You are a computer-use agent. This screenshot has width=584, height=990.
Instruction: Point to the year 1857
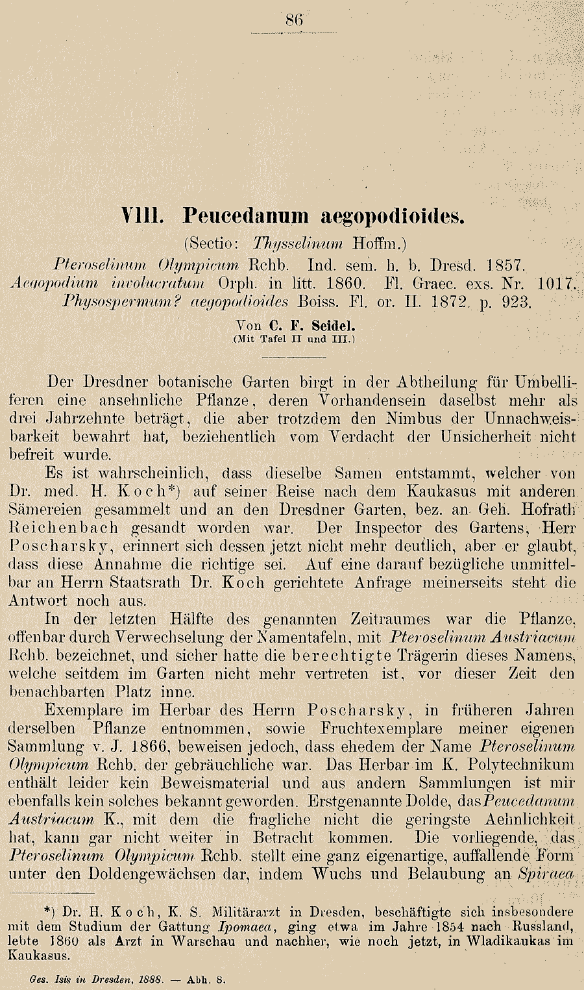click(x=505, y=265)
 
